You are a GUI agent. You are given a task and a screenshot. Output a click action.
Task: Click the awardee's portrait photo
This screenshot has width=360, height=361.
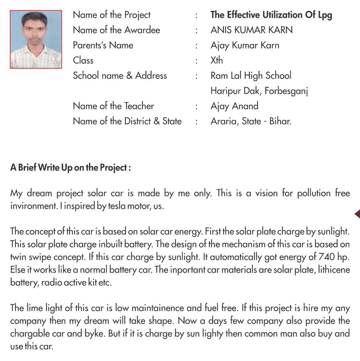tap(36, 40)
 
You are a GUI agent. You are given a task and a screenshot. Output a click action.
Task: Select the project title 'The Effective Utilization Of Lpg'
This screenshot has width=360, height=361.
tap(271, 15)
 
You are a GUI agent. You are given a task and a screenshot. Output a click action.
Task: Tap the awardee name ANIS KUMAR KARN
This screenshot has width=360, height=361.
tap(252, 30)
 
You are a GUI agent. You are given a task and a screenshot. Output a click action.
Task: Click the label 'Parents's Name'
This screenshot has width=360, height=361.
tap(103, 45)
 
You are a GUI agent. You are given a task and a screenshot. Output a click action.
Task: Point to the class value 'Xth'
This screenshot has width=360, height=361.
tap(217, 60)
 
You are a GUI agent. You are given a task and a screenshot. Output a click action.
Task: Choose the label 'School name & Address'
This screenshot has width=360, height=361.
tap(120, 76)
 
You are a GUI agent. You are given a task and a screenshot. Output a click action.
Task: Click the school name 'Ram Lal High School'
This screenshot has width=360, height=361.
tap(251, 76)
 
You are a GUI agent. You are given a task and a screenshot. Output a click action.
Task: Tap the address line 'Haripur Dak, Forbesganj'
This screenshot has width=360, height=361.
tap(259, 91)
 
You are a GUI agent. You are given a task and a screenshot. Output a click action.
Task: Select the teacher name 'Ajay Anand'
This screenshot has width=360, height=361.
tap(234, 106)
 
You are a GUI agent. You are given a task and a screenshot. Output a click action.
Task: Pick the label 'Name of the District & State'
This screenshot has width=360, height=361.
tap(127, 121)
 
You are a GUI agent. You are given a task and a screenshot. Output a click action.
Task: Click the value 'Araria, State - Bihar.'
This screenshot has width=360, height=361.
tap(251, 121)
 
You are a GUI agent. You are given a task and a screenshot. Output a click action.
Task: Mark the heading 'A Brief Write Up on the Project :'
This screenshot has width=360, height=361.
tap(70, 168)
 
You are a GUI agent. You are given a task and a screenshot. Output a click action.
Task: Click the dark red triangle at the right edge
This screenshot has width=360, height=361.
tap(357, 214)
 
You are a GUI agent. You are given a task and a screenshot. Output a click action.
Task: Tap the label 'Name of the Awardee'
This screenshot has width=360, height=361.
tap(116, 30)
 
